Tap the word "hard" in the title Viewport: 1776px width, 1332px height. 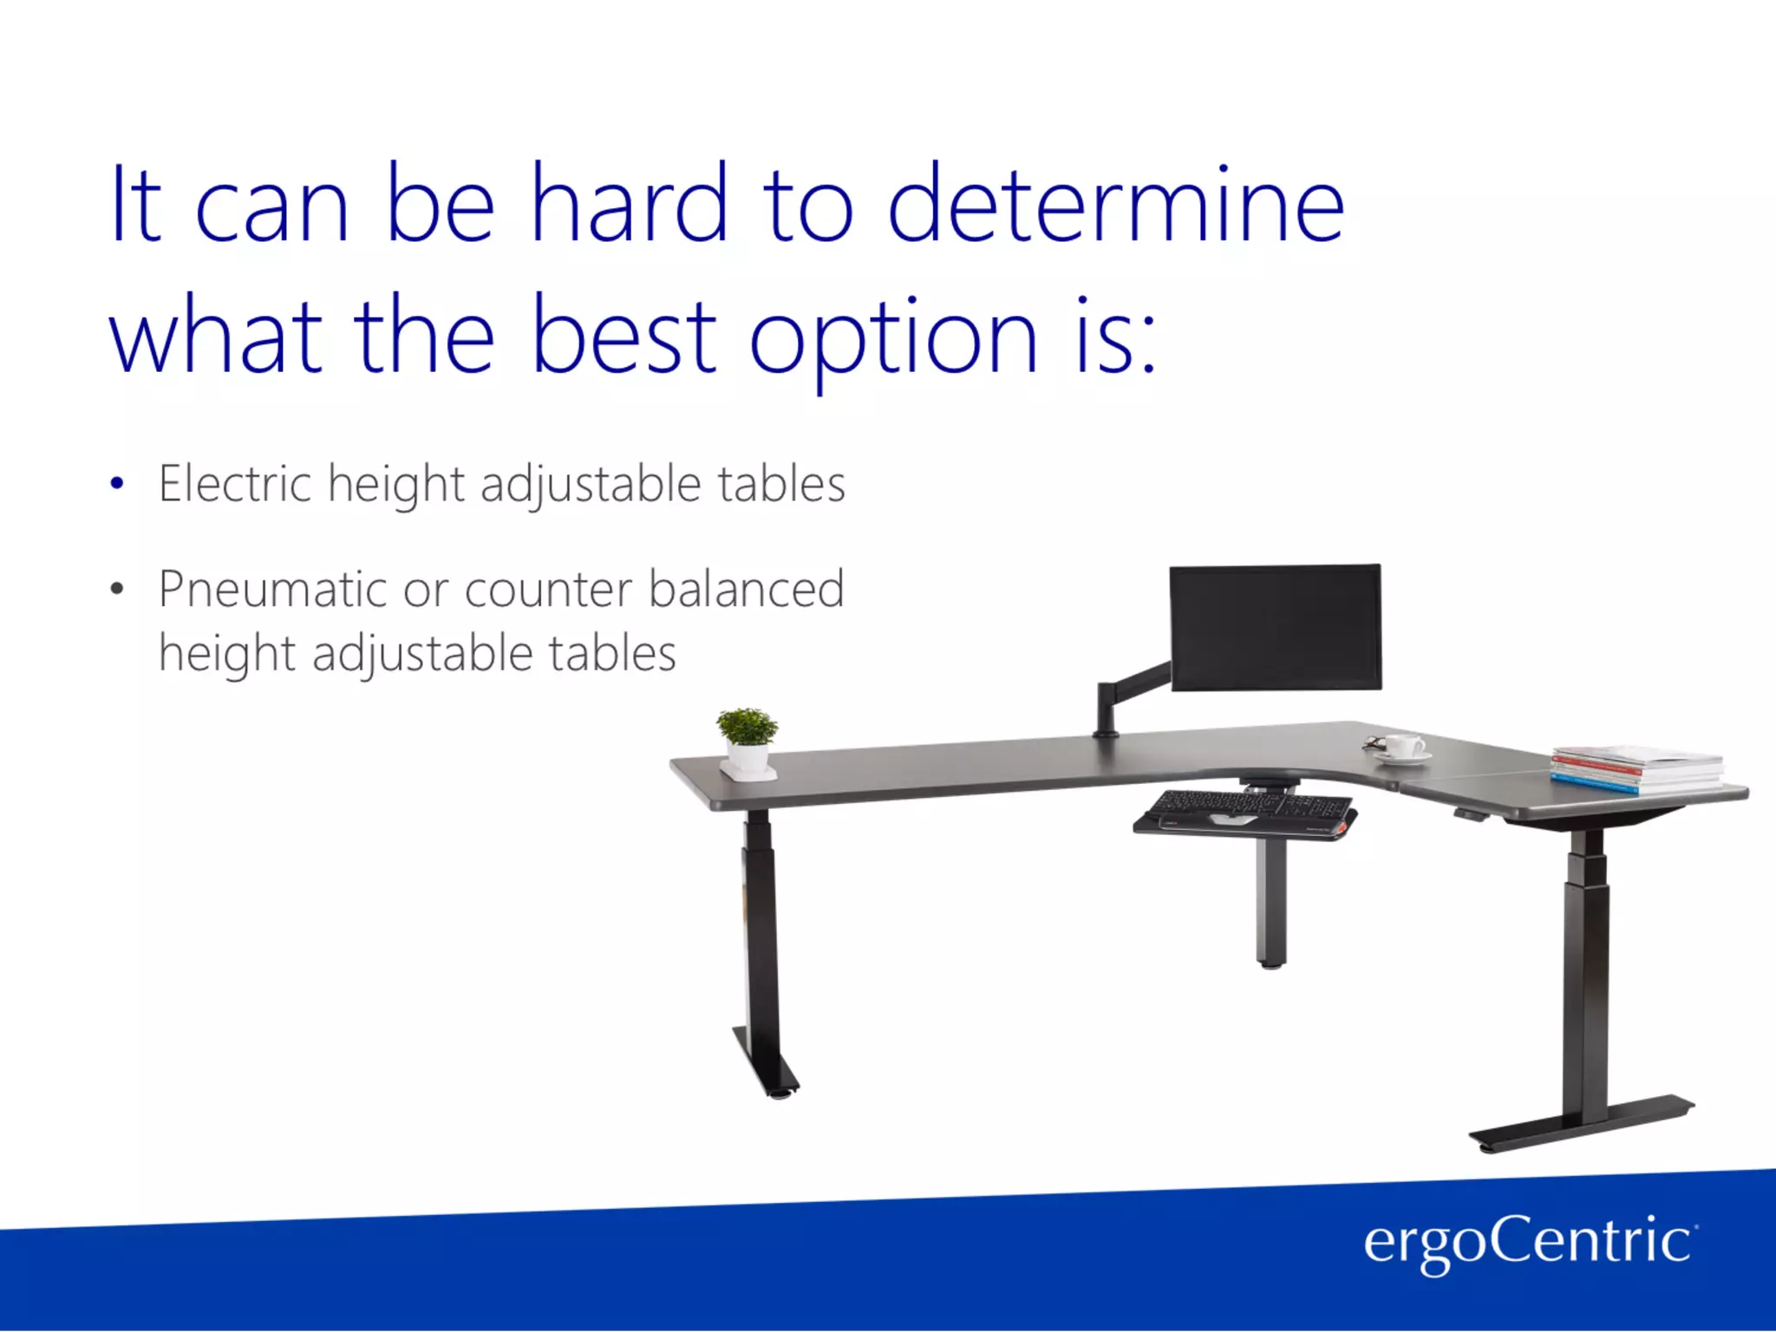pyautogui.click(x=628, y=204)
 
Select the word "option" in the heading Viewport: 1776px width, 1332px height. pyautogui.click(x=892, y=338)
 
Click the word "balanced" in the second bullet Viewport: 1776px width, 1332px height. pyautogui.click(x=746, y=590)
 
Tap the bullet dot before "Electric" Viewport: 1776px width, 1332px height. pyautogui.click(x=117, y=484)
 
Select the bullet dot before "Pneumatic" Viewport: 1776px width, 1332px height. pyautogui.click(x=117, y=591)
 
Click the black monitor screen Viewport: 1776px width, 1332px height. pyautogui.click(x=1275, y=627)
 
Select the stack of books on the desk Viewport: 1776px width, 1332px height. pyautogui.click(x=1636, y=768)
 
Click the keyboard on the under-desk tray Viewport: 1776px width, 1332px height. pyautogui.click(x=1244, y=810)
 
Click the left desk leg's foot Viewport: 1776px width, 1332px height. pyautogui.click(x=767, y=1063)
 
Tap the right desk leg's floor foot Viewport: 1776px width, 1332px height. pyautogui.click(x=1582, y=1126)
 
